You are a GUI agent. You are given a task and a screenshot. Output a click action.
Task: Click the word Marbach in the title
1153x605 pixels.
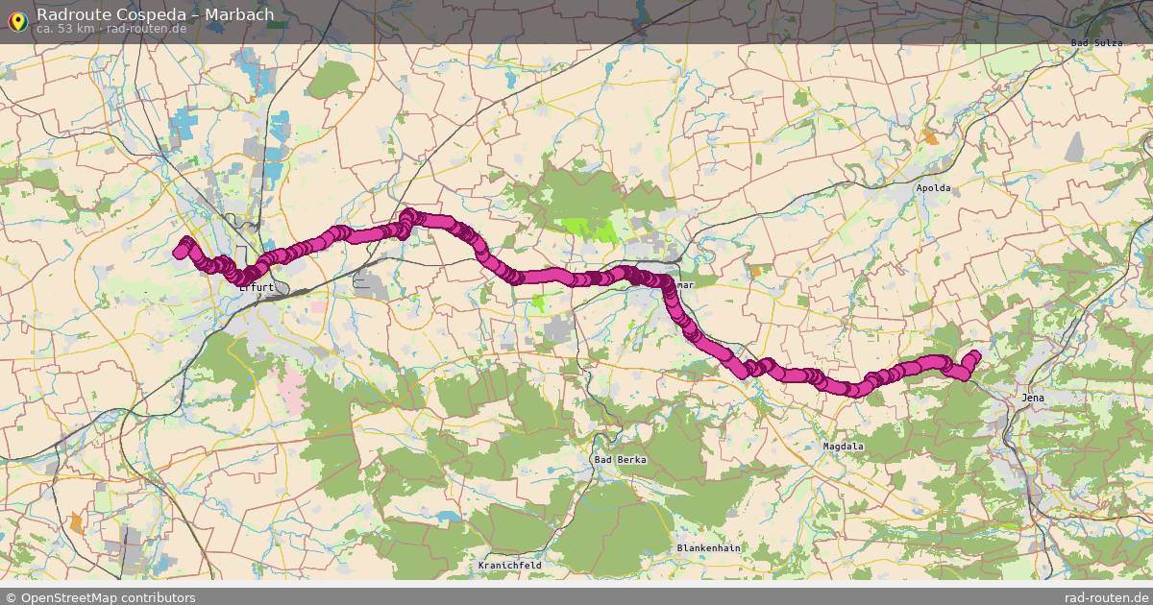pos(239,14)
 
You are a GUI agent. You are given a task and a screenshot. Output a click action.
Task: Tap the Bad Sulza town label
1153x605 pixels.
pos(1096,43)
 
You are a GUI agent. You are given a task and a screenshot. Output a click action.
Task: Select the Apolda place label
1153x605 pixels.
pos(933,188)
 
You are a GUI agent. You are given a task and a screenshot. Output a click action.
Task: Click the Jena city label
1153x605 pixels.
pos(1032,398)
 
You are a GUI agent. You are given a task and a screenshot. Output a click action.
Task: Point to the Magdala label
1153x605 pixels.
pos(844,447)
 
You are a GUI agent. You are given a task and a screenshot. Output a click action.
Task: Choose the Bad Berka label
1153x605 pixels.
pos(620,460)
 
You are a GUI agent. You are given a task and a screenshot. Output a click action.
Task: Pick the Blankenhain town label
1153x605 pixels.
pos(708,548)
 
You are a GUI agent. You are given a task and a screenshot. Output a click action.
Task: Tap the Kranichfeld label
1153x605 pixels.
pos(509,566)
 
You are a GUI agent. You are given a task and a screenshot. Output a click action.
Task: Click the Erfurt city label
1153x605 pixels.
pos(258,286)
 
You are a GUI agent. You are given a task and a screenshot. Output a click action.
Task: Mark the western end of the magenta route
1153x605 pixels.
pos(179,253)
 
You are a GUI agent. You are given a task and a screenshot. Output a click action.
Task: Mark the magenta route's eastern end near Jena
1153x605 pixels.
pos(974,356)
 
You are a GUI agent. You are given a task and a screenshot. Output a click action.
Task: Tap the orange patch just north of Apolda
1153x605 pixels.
pos(930,138)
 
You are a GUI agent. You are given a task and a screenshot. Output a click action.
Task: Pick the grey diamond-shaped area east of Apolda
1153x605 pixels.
pos(1074,147)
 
